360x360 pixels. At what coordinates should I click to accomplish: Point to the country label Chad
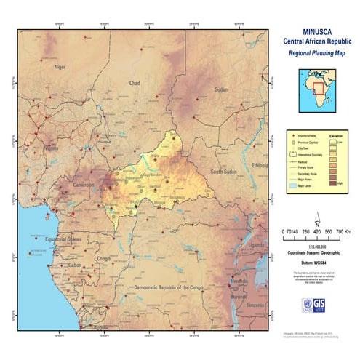[134, 83]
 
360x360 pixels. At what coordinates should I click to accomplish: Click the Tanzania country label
[255, 305]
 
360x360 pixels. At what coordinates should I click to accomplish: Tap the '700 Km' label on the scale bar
[340, 232]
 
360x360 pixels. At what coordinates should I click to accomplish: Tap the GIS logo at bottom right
[333, 305]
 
